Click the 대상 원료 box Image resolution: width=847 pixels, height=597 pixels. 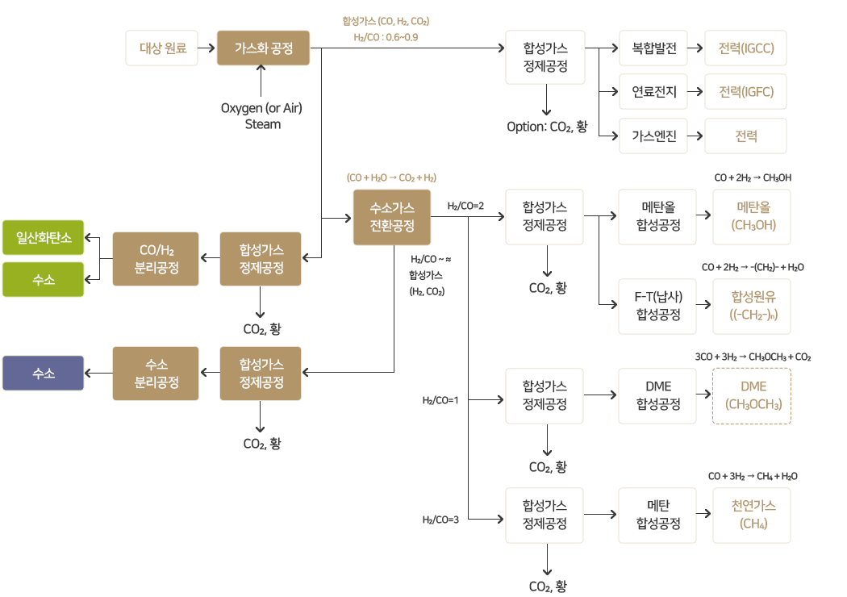point(163,48)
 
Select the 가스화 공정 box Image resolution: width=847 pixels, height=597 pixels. point(263,48)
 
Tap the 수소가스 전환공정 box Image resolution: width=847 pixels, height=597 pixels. point(392,218)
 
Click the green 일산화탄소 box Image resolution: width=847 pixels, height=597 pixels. point(43,238)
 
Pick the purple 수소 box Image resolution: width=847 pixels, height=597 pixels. point(43,374)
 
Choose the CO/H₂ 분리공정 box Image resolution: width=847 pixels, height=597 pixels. point(156,259)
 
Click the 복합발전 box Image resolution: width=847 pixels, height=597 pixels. point(654,48)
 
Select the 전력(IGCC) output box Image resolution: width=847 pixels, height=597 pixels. point(746,48)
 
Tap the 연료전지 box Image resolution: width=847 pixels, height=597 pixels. point(654,91)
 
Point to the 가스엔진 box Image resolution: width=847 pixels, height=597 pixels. point(654,136)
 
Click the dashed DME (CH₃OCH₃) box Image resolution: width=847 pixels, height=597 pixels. point(753,395)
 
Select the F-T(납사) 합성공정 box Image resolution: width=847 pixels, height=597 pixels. point(657,307)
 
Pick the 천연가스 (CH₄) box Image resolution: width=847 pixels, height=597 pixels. point(753,515)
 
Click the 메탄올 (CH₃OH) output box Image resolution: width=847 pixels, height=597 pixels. point(753,217)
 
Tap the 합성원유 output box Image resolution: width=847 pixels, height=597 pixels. point(753,307)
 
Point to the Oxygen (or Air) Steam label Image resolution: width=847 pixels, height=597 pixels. point(261,116)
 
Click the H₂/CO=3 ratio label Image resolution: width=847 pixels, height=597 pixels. point(440,520)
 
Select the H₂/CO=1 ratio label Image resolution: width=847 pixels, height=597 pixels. point(440,400)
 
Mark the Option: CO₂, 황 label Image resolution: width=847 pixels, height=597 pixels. point(547,127)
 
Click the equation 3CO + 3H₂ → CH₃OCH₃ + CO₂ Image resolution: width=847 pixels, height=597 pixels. point(753,357)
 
